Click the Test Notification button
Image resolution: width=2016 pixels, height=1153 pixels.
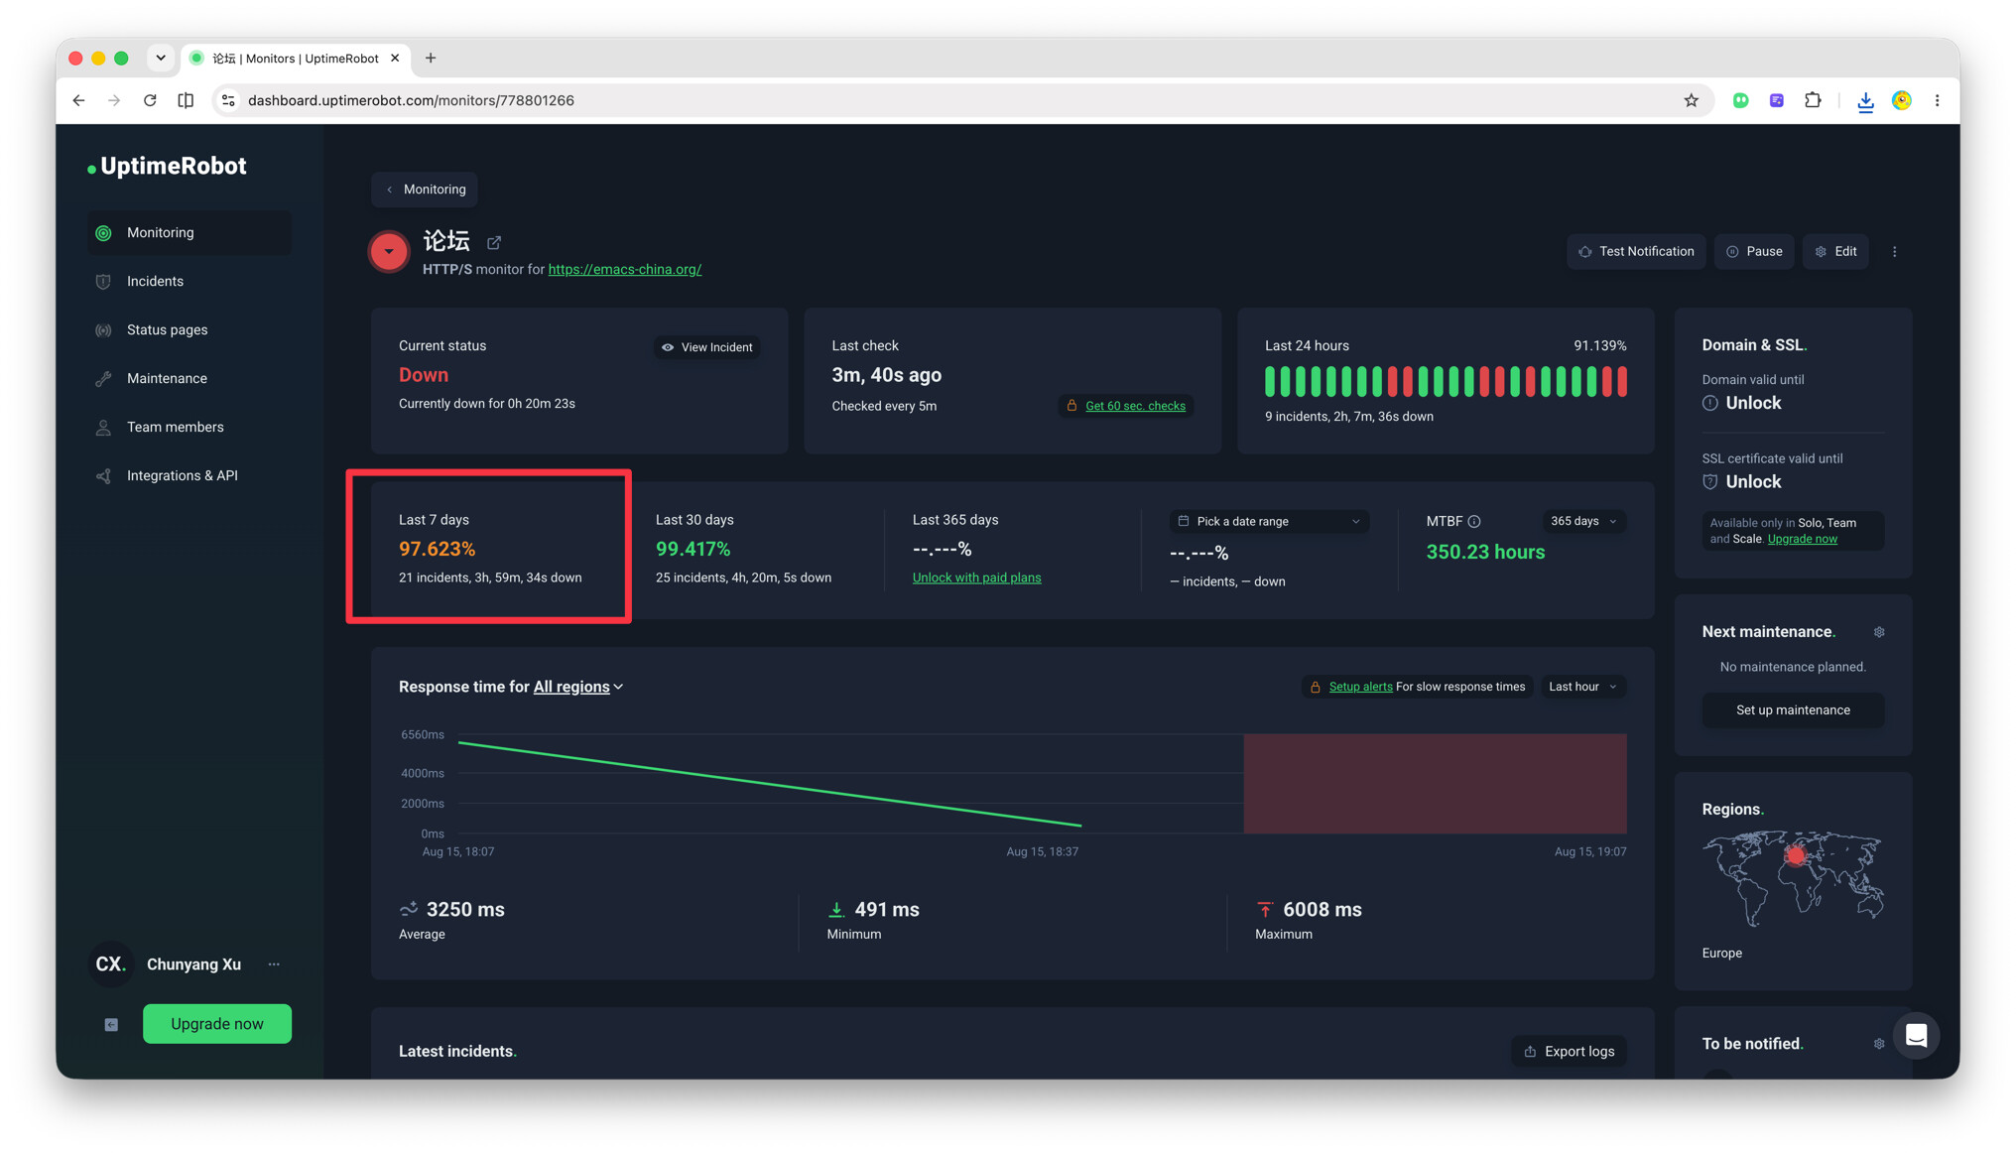coord(1636,251)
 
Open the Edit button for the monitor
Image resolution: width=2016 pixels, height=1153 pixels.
coord(1835,251)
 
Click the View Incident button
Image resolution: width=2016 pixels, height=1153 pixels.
coord(707,347)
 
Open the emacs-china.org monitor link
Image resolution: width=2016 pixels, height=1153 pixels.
coord(625,269)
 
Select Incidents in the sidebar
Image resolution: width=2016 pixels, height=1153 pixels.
coord(155,281)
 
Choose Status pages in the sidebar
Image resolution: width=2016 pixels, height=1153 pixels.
coord(167,329)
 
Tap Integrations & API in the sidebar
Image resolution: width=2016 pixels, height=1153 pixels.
coord(183,475)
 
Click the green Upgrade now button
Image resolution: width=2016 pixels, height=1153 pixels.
coord(217,1024)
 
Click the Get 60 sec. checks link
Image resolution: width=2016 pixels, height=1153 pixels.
coord(1135,406)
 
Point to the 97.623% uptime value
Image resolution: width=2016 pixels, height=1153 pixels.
coord(437,549)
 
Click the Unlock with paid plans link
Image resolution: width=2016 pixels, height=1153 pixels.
coord(976,577)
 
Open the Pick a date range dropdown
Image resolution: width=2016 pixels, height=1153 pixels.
coord(1269,521)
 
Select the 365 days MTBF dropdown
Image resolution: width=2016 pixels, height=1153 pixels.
coord(1583,521)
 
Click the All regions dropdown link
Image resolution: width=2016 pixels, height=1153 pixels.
coord(578,687)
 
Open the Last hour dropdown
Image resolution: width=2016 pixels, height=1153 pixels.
coord(1582,687)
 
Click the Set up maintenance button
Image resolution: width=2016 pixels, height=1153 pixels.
coord(1793,709)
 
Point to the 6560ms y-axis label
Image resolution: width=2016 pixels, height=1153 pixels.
coord(423,735)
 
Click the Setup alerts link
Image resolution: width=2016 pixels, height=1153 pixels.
coord(1360,687)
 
